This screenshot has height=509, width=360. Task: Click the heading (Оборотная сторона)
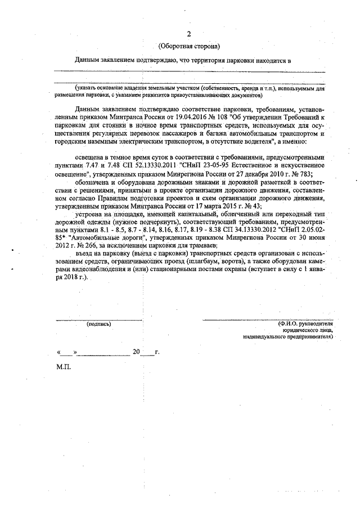point(188,46)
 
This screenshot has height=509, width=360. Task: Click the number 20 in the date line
point(136,352)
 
